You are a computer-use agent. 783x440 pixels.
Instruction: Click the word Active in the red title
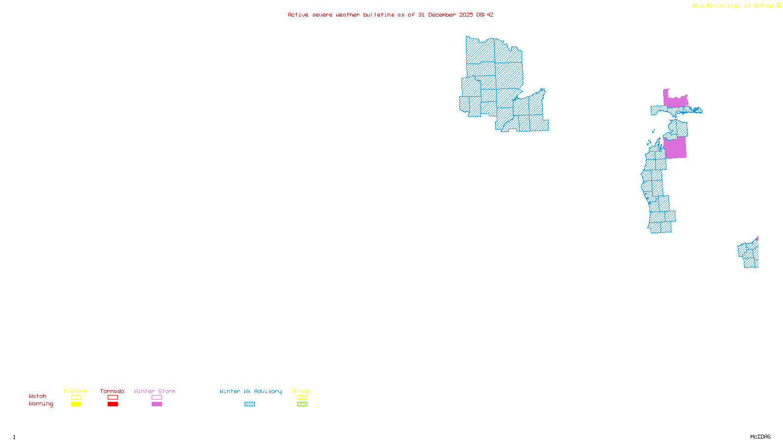tap(298, 15)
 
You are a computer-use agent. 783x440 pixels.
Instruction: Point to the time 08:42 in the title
tap(485, 15)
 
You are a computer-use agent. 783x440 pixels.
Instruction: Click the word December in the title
tap(441, 15)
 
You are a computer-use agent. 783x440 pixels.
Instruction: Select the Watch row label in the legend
tap(38, 396)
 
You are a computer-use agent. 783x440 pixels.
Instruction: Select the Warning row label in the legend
tap(41, 404)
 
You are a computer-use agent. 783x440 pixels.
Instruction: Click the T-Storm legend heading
tap(75, 391)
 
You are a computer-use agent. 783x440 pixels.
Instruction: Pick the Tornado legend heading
tap(112, 391)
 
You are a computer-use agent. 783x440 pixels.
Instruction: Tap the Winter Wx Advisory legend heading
tap(251, 391)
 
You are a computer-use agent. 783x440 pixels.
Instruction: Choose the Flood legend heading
tap(302, 391)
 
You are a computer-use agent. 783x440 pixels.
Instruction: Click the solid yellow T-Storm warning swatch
tap(76, 404)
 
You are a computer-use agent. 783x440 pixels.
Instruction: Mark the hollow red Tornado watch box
tap(113, 397)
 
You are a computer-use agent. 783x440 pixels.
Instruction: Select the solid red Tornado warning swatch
tap(113, 404)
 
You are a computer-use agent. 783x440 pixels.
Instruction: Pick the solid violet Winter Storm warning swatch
tap(157, 404)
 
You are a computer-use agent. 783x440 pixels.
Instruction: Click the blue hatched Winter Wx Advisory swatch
tap(250, 404)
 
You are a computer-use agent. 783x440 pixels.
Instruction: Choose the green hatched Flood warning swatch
tap(302, 404)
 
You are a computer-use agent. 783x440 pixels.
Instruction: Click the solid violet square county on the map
tap(675, 148)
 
